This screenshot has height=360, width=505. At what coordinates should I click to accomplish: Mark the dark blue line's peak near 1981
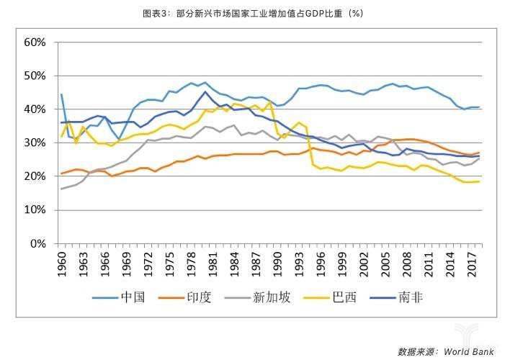click(206, 91)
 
